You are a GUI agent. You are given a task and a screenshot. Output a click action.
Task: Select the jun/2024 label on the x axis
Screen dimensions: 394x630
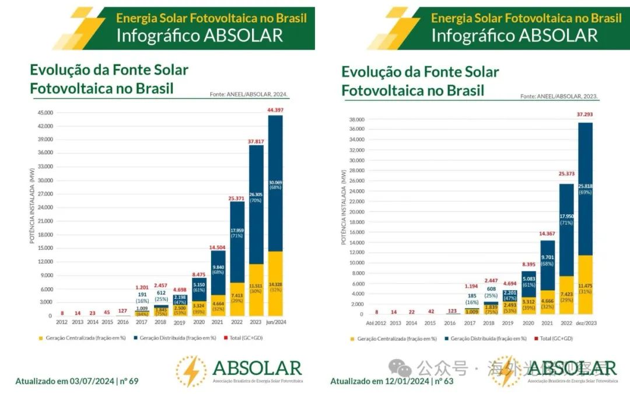[275, 322]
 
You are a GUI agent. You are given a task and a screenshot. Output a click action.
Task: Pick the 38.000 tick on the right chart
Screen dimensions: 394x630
[356, 120]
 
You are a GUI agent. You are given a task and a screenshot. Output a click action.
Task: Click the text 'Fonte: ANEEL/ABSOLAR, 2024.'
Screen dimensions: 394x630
[249, 94]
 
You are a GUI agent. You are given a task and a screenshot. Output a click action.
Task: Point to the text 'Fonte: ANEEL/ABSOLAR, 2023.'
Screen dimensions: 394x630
[559, 97]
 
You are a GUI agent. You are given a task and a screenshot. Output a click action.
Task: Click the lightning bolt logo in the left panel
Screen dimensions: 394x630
[191, 371]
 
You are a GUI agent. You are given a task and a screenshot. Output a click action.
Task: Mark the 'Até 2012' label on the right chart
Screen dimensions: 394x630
[376, 322]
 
